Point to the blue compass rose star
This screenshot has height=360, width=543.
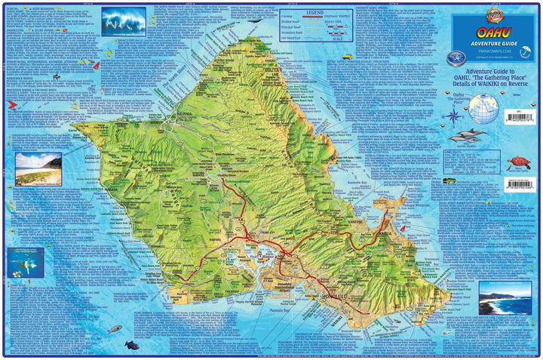452,115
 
